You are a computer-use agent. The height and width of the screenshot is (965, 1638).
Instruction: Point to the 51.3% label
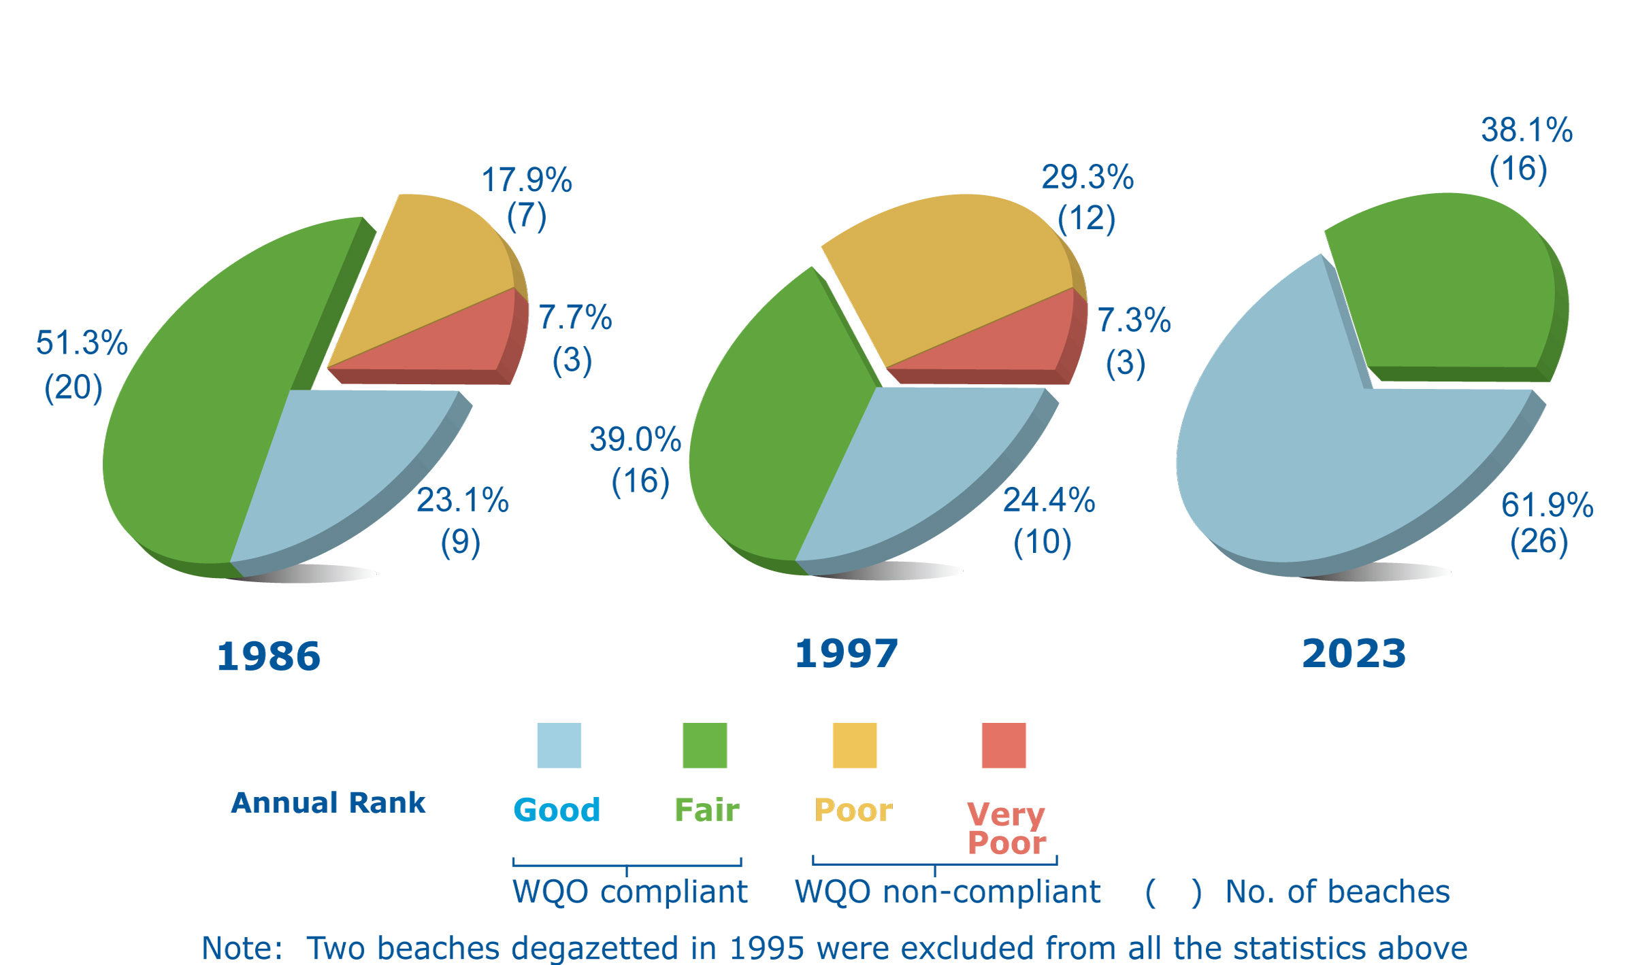pyautogui.click(x=82, y=343)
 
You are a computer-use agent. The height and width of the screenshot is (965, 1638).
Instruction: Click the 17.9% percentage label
pyautogui.click(x=526, y=180)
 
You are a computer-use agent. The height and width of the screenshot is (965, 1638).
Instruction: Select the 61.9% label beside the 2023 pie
pyautogui.click(x=1547, y=505)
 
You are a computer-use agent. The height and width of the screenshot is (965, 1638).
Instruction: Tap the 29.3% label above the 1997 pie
pyautogui.click(x=1087, y=177)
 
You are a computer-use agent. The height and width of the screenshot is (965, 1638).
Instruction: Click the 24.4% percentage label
pyautogui.click(x=1049, y=501)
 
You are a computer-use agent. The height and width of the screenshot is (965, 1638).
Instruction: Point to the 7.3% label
pyautogui.click(x=1134, y=320)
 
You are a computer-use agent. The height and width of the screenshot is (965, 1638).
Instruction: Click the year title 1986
pyautogui.click(x=268, y=656)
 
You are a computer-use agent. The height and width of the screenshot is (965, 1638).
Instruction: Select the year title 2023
pyautogui.click(x=1354, y=654)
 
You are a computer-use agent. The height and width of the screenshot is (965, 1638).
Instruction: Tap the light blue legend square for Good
pyautogui.click(x=559, y=745)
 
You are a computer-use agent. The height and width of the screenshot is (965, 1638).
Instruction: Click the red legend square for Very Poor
pyautogui.click(x=1003, y=745)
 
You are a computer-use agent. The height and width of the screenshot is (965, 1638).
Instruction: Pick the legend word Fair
pyautogui.click(x=706, y=810)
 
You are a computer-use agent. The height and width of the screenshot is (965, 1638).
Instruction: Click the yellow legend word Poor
pyautogui.click(x=853, y=810)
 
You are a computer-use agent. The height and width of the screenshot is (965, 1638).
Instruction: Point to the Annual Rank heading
pyautogui.click(x=328, y=803)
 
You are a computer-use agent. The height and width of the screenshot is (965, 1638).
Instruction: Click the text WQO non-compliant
pyautogui.click(x=947, y=892)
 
